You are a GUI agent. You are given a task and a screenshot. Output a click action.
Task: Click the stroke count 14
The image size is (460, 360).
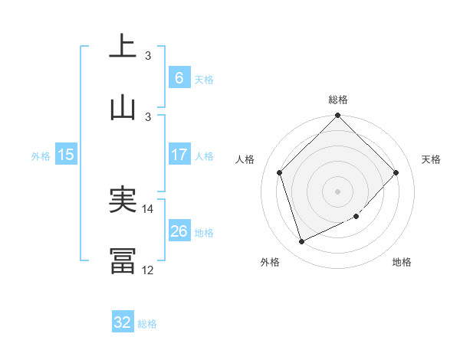(x=149, y=208)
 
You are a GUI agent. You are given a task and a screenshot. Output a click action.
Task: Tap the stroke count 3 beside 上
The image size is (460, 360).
(x=148, y=55)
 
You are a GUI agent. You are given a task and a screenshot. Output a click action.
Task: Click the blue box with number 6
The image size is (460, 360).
(x=179, y=77)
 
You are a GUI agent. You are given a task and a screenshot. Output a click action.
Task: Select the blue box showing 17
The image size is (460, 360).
(x=179, y=155)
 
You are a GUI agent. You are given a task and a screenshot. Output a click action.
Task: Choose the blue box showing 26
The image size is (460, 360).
(x=179, y=231)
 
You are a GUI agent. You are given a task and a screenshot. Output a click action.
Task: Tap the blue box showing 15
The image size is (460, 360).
(x=66, y=155)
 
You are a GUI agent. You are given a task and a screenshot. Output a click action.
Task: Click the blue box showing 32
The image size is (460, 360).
(x=123, y=322)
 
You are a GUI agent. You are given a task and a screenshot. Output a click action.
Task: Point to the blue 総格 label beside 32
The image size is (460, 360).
(x=147, y=324)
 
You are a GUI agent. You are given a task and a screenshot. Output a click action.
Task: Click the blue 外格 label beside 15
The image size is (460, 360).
(x=41, y=155)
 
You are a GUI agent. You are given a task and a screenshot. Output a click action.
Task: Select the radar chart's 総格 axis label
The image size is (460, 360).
(x=338, y=100)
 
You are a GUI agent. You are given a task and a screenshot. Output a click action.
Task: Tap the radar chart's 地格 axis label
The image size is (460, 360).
(x=402, y=262)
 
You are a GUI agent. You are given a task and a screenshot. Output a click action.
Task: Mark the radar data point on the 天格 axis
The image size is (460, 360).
(x=396, y=172)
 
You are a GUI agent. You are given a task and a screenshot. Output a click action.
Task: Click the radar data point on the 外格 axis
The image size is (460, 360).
(x=302, y=242)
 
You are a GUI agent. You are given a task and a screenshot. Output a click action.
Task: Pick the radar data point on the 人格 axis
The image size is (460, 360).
(x=280, y=172)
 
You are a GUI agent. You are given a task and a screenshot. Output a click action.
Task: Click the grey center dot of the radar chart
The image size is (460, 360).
(x=338, y=191)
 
